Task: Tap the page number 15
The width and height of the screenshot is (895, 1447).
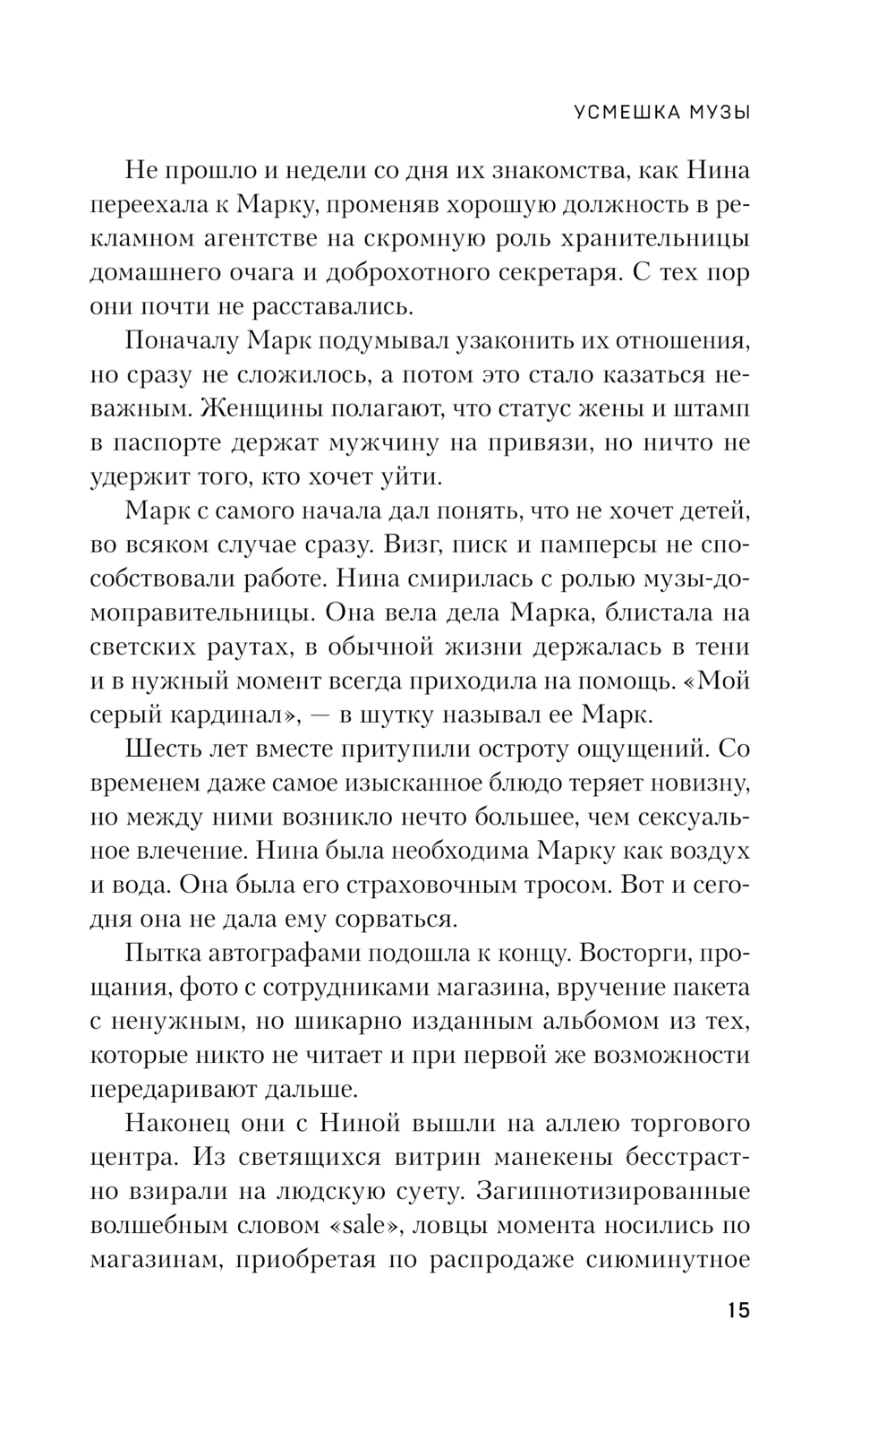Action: coord(738,1310)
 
